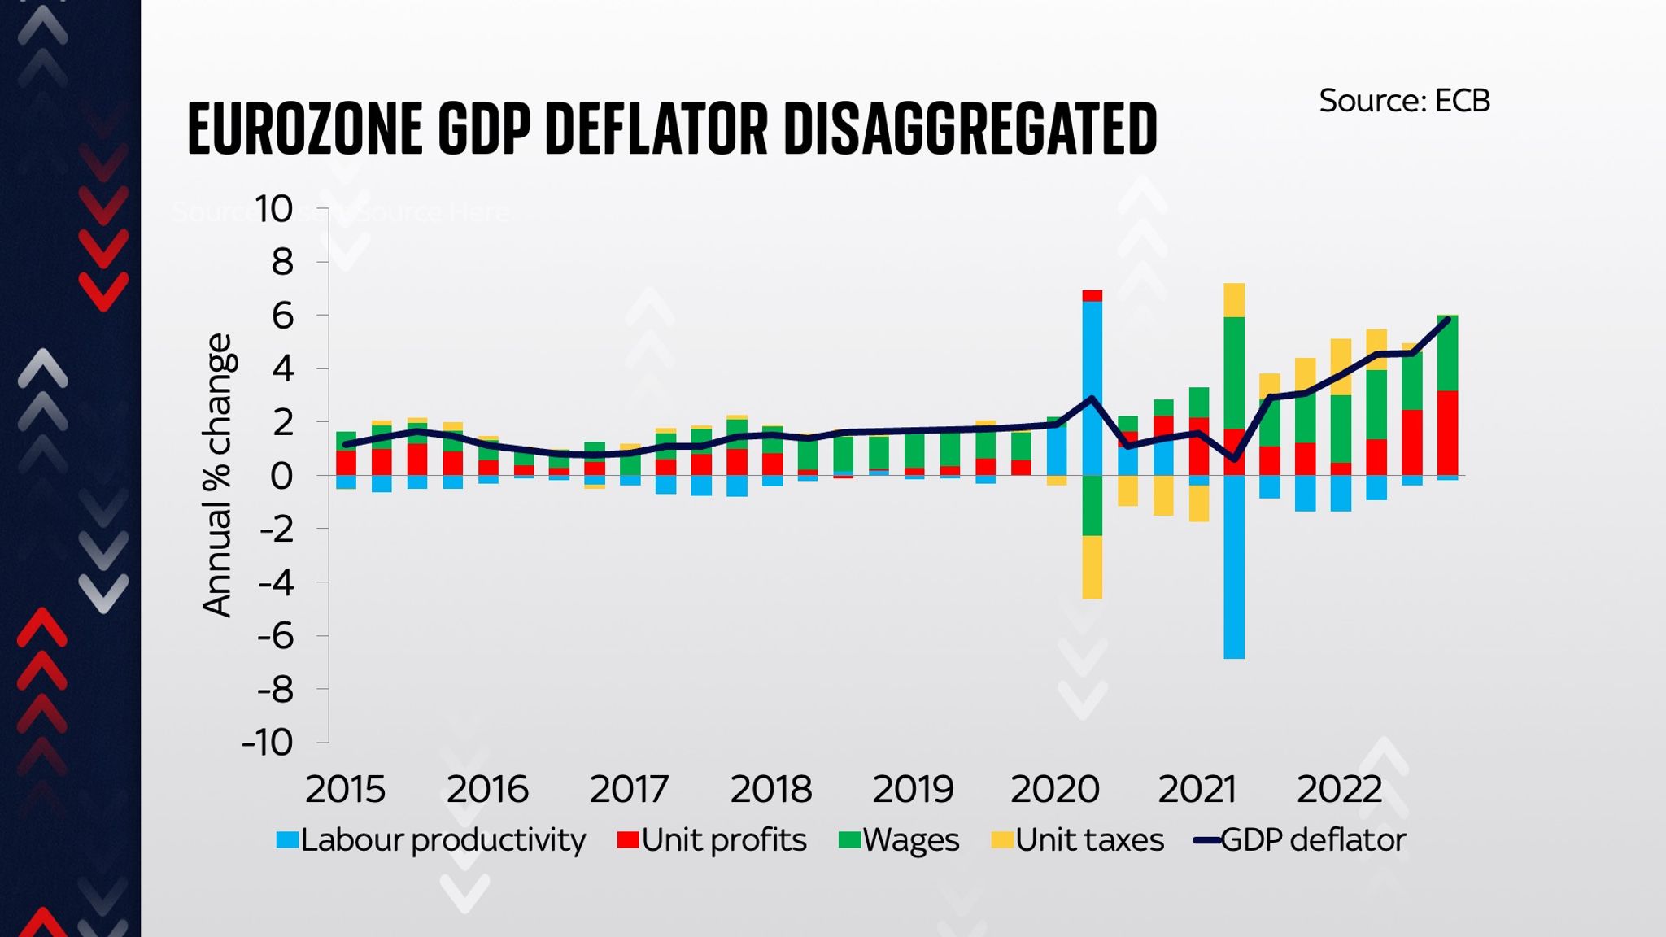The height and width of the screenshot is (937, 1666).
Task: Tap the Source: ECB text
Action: (x=1404, y=101)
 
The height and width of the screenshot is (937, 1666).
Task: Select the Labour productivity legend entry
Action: (x=430, y=839)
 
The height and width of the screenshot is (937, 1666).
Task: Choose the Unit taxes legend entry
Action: (x=1078, y=839)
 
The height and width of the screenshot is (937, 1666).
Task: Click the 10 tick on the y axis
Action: (x=273, y=209)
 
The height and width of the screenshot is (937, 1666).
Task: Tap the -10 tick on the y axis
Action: (x=267, y=742)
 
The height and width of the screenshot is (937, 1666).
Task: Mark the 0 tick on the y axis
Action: (x=281, y=476)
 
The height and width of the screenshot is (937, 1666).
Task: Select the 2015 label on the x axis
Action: (x=345, y=789)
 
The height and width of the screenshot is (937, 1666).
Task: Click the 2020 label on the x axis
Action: (x=1054, y=789)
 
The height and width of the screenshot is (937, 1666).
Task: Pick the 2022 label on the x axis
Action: (x=1339, y=789)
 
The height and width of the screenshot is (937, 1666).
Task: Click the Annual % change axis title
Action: (x=217, y=476)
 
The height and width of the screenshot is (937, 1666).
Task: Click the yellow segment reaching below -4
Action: (x=1092, y=567)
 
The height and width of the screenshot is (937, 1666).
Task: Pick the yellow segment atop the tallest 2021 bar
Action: (x=1234, y=299)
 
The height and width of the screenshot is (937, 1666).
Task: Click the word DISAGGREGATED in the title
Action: (x=970, y=129)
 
